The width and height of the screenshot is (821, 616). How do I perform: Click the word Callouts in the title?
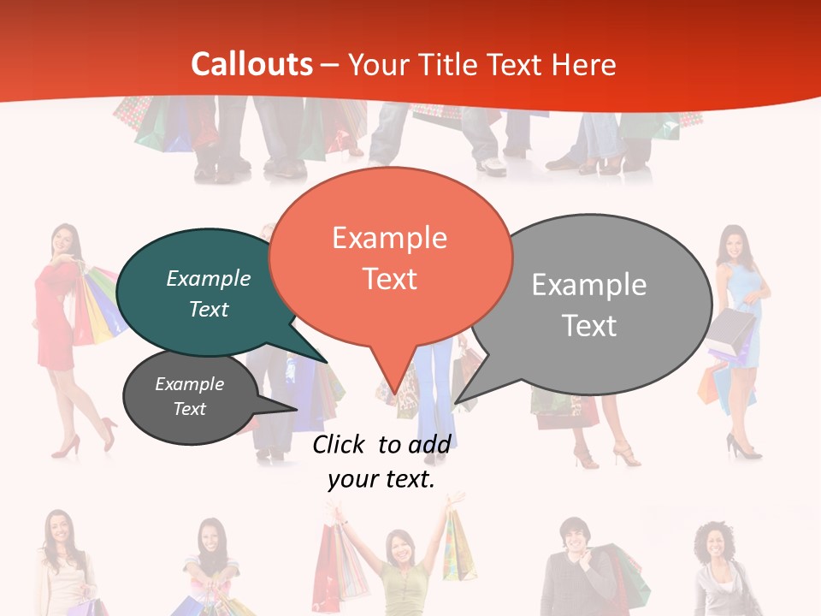[251, 65]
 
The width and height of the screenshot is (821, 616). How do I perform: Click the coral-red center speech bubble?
[390, 257]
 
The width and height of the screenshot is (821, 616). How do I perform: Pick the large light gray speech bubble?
[599, 304]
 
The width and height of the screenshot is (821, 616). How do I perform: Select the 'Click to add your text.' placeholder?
[381, 462]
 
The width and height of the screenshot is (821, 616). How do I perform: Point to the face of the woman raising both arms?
[399, 545]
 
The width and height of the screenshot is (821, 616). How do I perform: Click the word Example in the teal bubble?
[209, 279]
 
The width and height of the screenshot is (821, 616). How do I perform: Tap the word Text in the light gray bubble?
[589, 326]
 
